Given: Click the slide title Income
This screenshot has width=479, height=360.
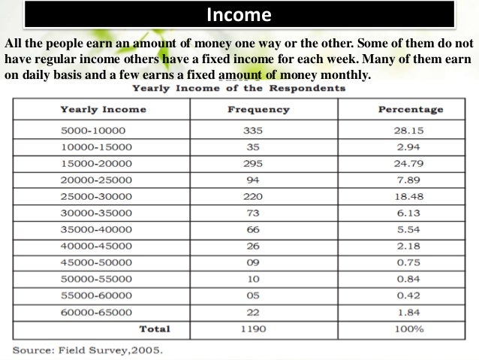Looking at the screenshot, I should point(239,15).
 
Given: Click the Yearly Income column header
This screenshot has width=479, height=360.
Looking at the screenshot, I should point(103,110).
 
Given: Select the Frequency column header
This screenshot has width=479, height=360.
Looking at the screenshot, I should point(258,110).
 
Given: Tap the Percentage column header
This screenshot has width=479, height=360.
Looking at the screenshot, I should point(410,110).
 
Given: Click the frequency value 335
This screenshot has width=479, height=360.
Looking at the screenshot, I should point(252,130).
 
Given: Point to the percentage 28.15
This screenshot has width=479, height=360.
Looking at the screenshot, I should point(410,130).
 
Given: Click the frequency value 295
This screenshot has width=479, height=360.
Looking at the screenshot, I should point(252,163).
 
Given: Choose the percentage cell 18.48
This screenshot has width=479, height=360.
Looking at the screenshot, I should point(410,196).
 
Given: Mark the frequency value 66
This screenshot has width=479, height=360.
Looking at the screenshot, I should point(252,229).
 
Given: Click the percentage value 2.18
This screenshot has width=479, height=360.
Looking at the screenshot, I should point(410,246).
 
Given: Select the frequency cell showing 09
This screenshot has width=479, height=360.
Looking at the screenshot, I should point(252,262).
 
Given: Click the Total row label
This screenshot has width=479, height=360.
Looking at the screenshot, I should point(155,328).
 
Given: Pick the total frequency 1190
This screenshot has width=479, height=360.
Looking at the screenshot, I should point(252,328).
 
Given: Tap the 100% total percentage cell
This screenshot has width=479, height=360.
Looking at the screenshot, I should point(410,328).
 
